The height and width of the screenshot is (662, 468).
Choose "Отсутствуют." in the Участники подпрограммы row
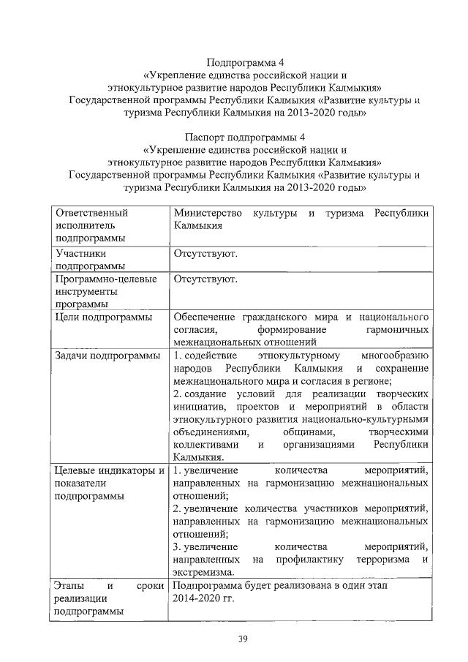[x=205, y=254]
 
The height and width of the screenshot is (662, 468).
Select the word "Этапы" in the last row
[x=71, y=586]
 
